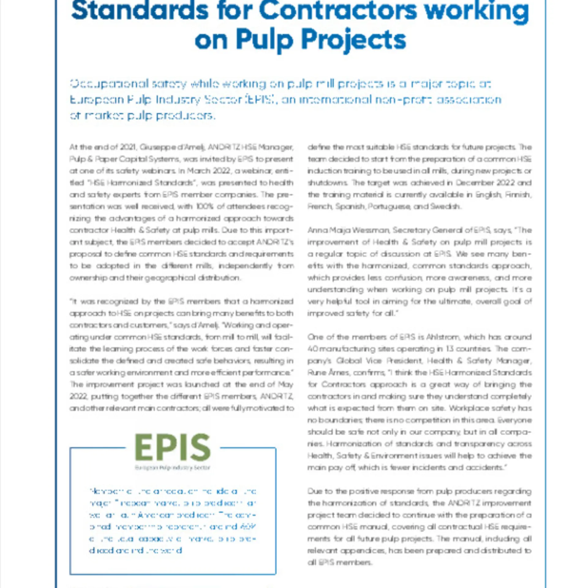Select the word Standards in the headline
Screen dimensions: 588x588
pyautogui.click(x=140, y=11)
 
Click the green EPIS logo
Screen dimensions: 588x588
pyautogui.click(x=173, y=447)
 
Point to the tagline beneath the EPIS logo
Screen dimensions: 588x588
pyautogui.click(x=173, y=468)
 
